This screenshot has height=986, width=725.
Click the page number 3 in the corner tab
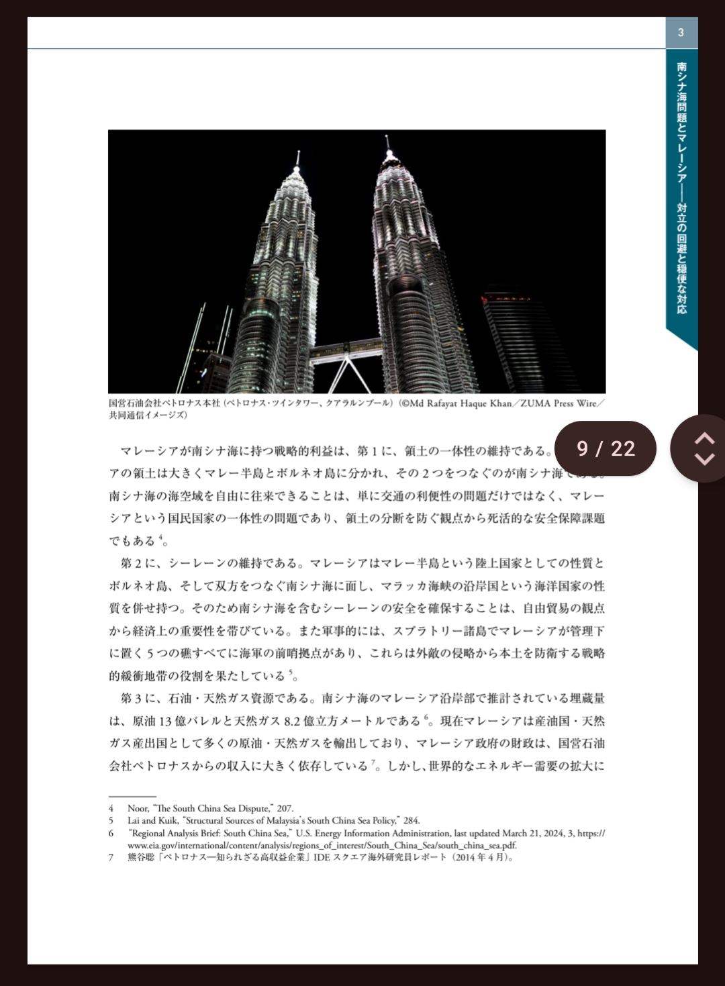point(681,33)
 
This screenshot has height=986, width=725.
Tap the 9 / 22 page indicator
point(606,448)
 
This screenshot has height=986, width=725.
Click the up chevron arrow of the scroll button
point(704,438)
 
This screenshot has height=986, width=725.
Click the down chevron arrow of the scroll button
point(704,460)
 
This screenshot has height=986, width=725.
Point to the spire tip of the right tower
point(387,137)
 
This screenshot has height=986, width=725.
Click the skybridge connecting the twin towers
point(345,350)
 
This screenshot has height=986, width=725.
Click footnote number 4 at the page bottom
point(111,809)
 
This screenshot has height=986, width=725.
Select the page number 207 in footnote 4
point(285,809)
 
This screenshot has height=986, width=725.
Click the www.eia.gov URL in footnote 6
point(322,846)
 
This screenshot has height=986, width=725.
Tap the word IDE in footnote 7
point(322,858)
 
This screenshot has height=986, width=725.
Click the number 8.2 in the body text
point(292,722)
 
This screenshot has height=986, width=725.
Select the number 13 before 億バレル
point(166,722)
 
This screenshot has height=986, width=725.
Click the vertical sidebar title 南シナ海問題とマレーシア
point(681,128)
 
